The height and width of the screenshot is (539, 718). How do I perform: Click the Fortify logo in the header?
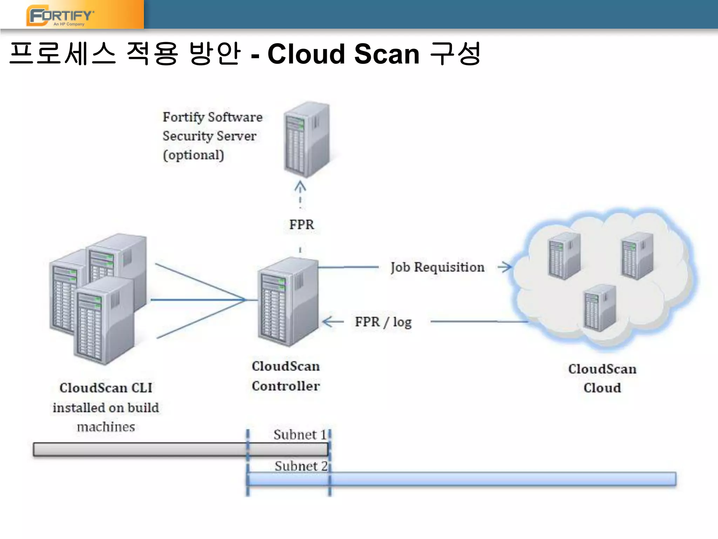[x=60, y=16]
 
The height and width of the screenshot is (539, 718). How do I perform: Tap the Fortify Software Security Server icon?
[x=306, y=139]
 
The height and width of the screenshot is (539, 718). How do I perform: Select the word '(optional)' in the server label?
[x=193, y=155]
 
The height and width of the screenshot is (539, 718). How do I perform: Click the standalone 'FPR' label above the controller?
[x=302, y=225]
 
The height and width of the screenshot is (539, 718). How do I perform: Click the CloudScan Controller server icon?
[x=287, y=302]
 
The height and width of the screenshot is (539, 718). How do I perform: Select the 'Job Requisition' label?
[x=438, y=267]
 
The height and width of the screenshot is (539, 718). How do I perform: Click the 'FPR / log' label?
[x=383, y=322]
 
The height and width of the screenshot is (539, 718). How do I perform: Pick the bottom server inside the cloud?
[x=600, y=308]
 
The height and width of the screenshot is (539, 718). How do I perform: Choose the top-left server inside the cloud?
[x=564, y=255]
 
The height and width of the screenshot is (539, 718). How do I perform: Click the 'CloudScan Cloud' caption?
[x=602, y=378]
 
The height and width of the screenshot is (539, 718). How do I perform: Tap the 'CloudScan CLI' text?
[x=106, y=388]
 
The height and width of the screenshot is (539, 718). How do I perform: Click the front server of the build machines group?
[x=103, y=321]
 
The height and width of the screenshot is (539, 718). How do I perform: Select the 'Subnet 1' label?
[x=299, y=435]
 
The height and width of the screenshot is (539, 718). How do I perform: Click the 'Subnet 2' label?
[x=300, y=466]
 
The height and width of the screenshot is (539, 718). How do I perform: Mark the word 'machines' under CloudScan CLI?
[x=106, y=427]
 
